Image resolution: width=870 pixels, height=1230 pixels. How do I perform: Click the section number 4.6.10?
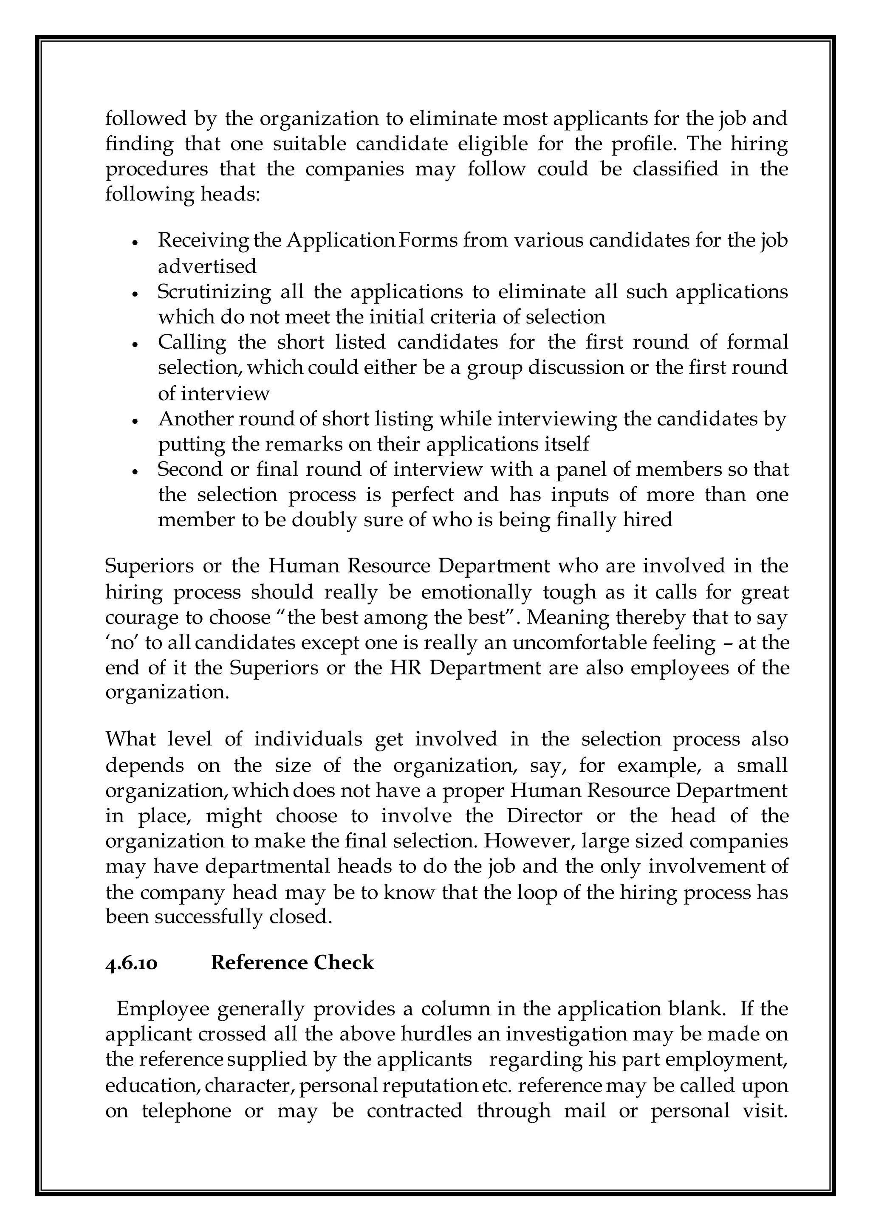pyautogui.click(x=131, y=963)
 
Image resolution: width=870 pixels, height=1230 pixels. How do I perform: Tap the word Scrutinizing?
pyautogui.click(x=214, y=292)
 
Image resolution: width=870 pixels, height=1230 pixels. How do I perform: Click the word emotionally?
pyautogui.click(x=476, y=592)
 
